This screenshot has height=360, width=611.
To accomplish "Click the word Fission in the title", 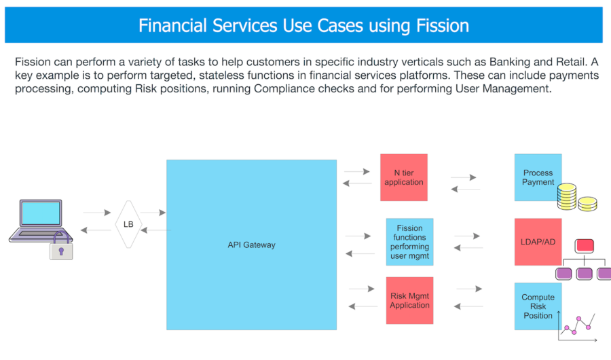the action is pos(443,26).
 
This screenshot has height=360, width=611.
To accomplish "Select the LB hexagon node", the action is pos(128,224).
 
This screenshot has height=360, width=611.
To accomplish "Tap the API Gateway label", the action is pos(251,245).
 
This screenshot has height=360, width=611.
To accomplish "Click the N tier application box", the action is pos(404,177).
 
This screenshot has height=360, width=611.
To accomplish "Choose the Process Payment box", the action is pos(538,177).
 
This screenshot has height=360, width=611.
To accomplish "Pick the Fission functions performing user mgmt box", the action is pos(409,242).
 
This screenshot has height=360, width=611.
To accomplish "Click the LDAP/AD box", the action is pos(538,242).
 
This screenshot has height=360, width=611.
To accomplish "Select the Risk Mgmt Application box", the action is pos(409,300).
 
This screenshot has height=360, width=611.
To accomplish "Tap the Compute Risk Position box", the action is pos(538,306).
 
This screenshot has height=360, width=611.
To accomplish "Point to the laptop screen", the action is pos(41,213).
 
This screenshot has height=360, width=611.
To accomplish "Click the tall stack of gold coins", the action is pos(567,196).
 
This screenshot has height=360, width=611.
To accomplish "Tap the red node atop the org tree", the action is pos(584,246).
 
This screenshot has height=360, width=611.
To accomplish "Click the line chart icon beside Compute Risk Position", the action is pos(578,326).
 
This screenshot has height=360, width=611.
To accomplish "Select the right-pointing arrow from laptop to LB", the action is pos(97,213).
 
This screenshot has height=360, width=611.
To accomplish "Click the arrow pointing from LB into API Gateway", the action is pos(153,213).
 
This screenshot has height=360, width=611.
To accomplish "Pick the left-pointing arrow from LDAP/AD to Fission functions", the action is pos(468,248).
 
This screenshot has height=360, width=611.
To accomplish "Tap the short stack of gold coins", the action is pos(587,204).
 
